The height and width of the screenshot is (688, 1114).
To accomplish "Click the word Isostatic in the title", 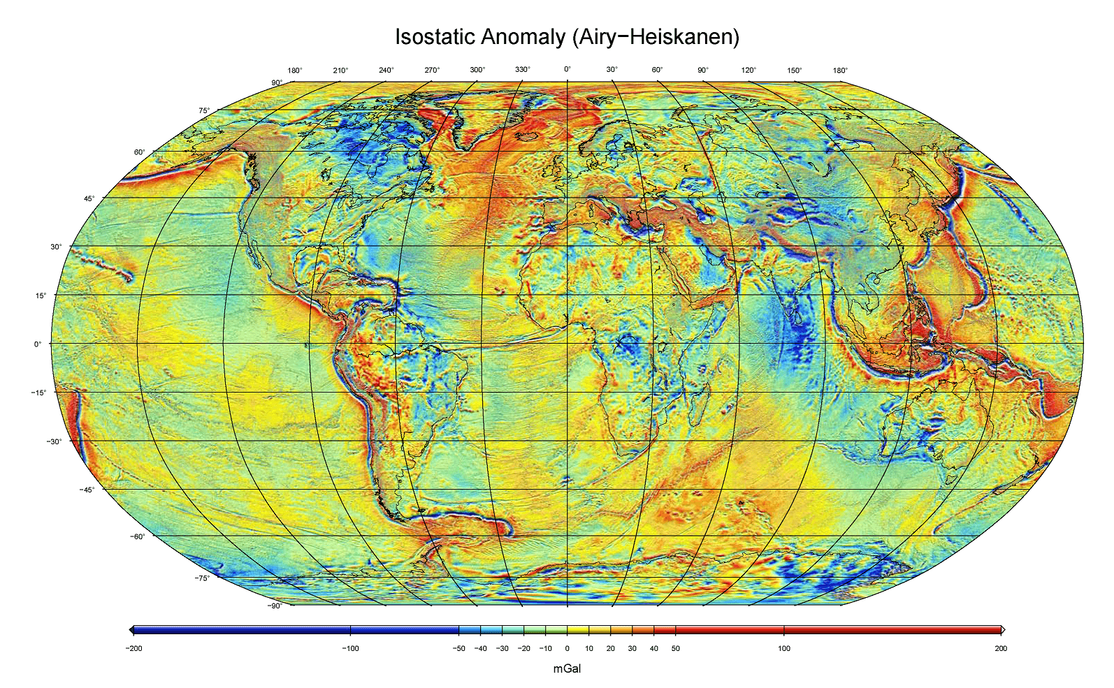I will pos(435,36).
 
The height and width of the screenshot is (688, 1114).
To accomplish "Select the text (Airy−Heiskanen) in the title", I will pos(656,36).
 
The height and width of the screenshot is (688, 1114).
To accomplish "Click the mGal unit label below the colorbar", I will pos(567,668).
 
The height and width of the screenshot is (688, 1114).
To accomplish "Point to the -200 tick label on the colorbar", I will pos(133,648).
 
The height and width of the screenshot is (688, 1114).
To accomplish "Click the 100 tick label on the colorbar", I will pos(784,648).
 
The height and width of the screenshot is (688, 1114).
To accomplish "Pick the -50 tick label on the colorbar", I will pos(458,648).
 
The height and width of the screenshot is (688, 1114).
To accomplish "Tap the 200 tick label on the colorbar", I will pos(1001,648).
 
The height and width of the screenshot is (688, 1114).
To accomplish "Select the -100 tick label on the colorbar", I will pos(350,648).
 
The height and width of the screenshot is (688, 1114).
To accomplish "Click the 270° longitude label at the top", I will pos(432,70).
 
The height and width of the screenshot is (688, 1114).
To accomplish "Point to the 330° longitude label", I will pos(523,70).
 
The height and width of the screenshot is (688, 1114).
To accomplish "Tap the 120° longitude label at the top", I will pos(748,70).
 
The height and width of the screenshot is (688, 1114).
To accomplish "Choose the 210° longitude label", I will pos(340,70).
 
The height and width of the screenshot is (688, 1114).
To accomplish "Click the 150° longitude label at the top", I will pos(794,70).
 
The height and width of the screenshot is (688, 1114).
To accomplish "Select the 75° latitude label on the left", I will pos(203,110).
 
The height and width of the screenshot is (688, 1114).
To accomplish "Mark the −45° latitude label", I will pos(87,490).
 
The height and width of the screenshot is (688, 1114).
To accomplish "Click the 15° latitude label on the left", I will pos(41,295).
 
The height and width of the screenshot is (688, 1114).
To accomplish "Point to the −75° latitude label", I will pos(201,578).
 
